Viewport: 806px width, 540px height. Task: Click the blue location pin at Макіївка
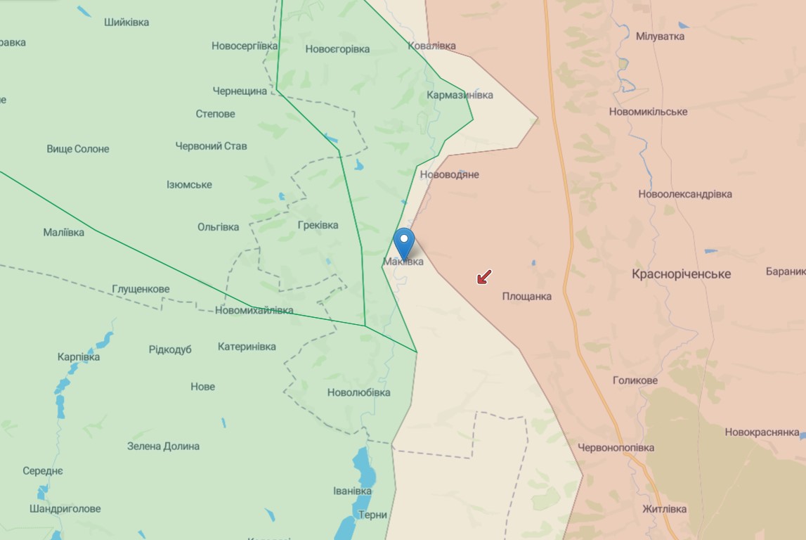point(404,243)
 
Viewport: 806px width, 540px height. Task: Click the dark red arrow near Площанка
point(484,277)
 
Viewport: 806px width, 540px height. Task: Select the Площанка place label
point(526,297)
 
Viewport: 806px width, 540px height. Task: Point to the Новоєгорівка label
point(337,49)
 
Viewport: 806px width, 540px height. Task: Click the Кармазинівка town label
point(460,95)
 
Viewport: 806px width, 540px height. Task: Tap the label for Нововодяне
point(449,174)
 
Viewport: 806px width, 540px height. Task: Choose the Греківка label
point(318,226)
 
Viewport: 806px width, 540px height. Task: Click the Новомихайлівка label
point(254,311)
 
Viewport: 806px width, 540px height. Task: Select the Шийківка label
point(126,22)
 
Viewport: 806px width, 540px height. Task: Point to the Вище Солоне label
point(78,149)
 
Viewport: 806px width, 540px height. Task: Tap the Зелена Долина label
point(163,446)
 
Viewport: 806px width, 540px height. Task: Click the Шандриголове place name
point(65,509)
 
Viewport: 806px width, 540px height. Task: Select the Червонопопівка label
point(616,448)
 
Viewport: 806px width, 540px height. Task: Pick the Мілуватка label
point(660,36)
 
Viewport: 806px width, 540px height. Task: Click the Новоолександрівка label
point(684,194)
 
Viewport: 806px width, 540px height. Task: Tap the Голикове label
point(635,381)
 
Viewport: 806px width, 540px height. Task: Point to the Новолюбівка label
point(358,392)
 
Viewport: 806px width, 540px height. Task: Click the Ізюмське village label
point(189,185)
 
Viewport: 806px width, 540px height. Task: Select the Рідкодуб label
point(170,350)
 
